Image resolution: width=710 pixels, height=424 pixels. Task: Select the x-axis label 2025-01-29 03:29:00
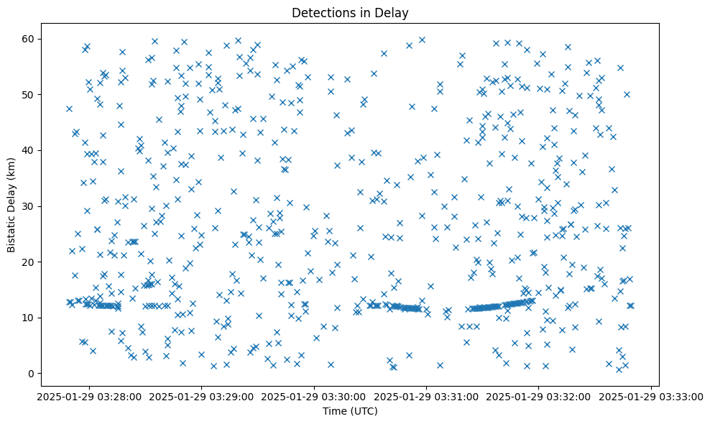pyautogui.click(x=201, y=396)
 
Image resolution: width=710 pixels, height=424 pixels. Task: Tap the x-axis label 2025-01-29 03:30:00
pyautogui.click(x=314, y=396)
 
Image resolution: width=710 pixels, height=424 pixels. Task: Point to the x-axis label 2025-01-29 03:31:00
pyautogui.click(x=427, y=396)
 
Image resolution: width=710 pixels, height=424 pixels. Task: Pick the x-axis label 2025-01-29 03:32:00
pyautogui.click(x=539, y=396)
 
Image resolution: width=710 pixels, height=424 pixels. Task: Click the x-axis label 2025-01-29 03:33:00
pyautogui.click(x=652, y=396)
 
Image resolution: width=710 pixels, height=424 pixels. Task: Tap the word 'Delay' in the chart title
pyautogui.click(x=392, y=12)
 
